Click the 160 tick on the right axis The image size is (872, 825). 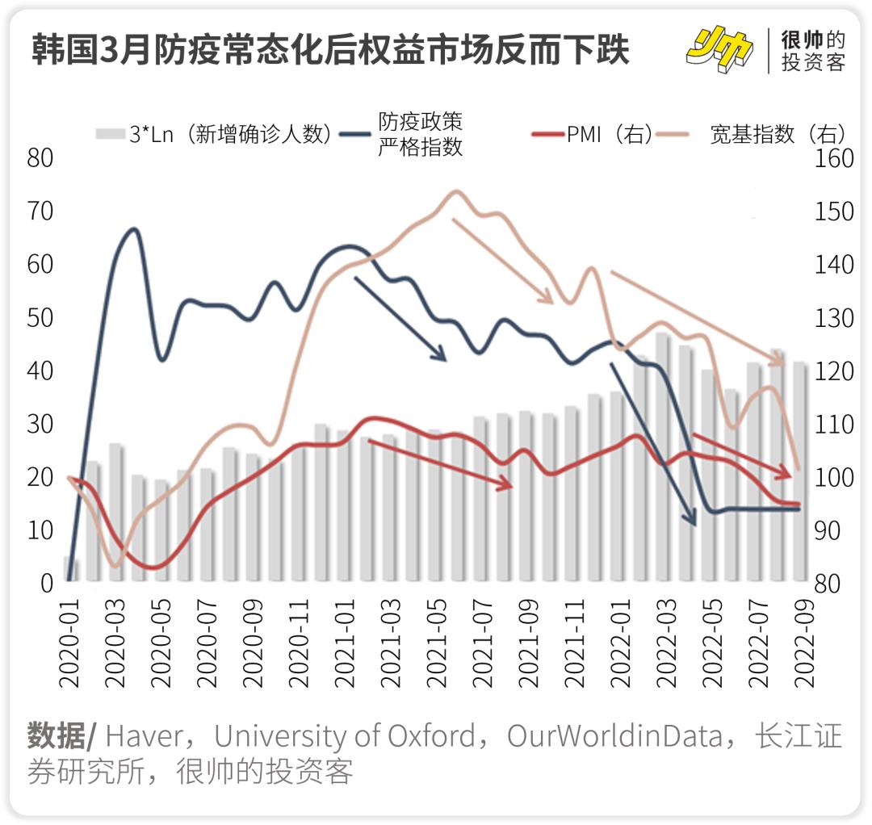[833, 158]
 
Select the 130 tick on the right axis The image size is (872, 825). [833, 318]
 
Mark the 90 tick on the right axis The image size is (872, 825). [833, 530]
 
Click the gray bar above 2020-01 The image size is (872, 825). [71, 569]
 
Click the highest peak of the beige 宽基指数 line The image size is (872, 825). [455, 192]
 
